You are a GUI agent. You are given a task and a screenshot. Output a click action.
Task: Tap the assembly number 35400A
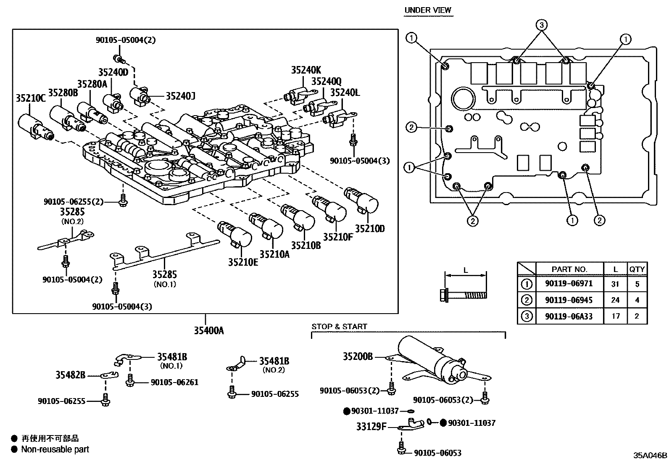pos(208,330)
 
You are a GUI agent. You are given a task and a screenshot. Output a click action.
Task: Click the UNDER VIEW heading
pos(428,10)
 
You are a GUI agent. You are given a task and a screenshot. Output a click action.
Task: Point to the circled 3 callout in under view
pos(542,25)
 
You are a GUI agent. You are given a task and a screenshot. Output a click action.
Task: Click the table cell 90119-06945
pos(569,300)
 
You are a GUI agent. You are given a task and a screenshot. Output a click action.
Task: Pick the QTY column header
pos(637,269)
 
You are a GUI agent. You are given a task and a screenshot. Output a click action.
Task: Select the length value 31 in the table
pos(615,284)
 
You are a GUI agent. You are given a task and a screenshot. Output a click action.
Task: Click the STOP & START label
pos(339,326)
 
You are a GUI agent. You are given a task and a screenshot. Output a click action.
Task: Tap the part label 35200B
pos(358,356)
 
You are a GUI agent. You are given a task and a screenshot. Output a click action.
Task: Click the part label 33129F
pos(371,427)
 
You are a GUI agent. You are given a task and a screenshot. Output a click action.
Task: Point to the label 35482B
pos(70,375)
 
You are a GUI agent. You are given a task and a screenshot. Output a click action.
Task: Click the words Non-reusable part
pos(55,449)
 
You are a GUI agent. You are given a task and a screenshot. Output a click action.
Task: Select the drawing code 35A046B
pos(650,455)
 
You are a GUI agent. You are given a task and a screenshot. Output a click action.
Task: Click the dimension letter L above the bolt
pos(465,270)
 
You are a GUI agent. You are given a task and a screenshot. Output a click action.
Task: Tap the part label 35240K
pos(306,70)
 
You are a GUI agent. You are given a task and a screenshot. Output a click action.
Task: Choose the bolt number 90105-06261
pos(174,382)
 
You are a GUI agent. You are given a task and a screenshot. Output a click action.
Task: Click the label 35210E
pos(243,262)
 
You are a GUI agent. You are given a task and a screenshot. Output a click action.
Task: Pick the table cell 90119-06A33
pos(569,316)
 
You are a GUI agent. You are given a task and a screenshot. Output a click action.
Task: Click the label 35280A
pos(92,84)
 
